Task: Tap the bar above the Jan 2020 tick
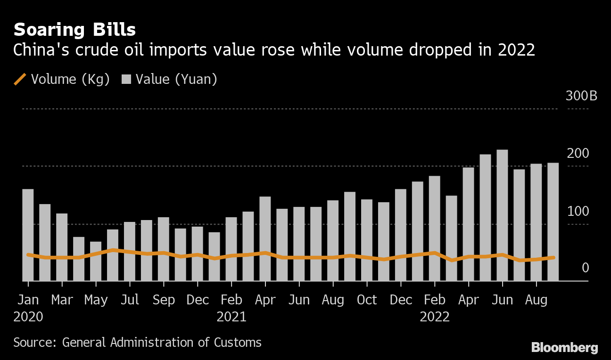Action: tap(28, 235)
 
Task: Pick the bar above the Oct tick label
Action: tap(367, 240)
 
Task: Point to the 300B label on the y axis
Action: tap(581, 96)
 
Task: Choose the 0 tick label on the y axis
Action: tap(585, 268)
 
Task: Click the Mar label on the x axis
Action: tap(62, 300)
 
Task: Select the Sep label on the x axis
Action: tap(164, 300)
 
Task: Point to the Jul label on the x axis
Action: tap(130, 300)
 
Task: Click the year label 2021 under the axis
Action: tap(231, 317)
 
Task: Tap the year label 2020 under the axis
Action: tap(28, 317)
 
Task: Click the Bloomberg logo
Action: tap(564, 348)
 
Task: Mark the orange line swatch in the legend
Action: tap(20, 79)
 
